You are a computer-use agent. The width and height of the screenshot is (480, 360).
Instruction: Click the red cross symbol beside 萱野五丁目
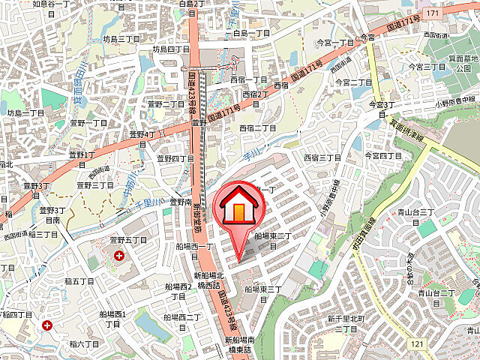[119, 256]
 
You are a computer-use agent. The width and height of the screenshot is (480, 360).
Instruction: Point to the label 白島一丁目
[251, 34]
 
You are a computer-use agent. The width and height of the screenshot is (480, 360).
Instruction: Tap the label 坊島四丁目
[172, 49]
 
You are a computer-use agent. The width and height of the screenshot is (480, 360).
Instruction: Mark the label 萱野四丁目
[175, 158]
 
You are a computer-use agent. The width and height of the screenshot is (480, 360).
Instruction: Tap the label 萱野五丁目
[128, 240]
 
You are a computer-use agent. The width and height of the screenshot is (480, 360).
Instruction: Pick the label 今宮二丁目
[354, 82]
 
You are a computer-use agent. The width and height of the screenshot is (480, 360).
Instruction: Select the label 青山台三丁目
[417, 213]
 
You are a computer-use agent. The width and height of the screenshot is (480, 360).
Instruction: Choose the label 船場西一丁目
[197, 247]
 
